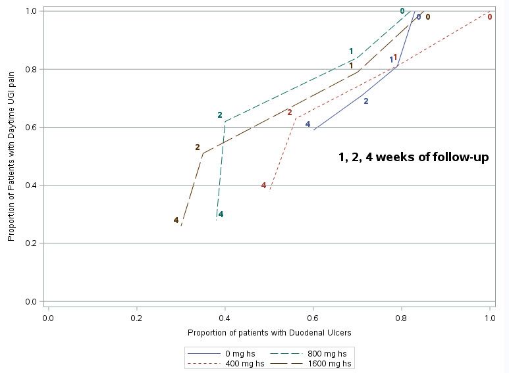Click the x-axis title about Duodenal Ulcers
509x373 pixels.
269,333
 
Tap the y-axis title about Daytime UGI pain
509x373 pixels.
11,156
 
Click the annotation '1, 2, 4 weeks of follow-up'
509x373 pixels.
413,157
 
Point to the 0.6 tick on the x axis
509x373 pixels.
313,318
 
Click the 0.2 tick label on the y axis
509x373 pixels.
30,243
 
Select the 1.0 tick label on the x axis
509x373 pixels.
490,318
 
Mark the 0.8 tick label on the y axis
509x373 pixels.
30,69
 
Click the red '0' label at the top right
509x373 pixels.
489,16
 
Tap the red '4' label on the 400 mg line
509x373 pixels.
263,186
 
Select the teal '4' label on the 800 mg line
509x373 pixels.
221,214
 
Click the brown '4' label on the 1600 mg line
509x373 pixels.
176,220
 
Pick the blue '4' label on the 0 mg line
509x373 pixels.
308,124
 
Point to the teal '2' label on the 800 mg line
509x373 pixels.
220,115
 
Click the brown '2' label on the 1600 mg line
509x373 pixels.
197,147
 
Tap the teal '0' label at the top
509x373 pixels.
402,11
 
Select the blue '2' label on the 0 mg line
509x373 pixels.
366,101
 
